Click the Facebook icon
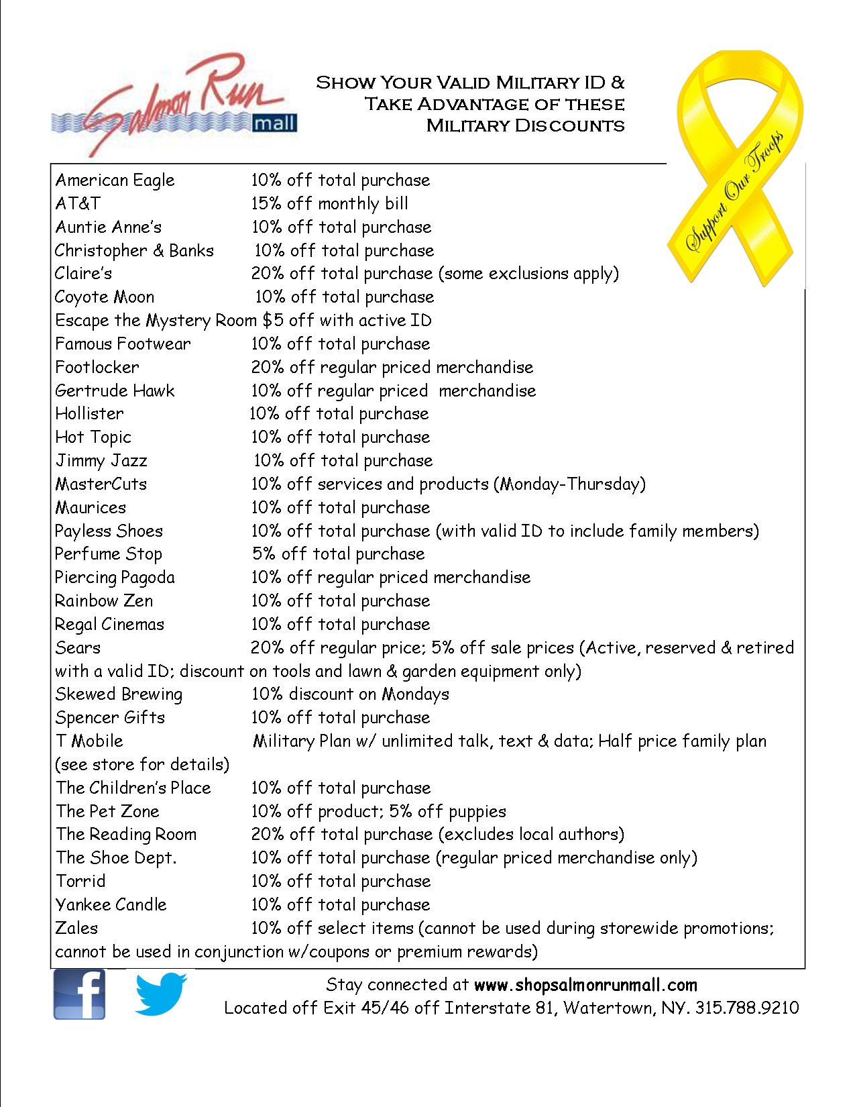[x=79, y=994]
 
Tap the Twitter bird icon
[x=161, y=993]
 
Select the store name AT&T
[x=78, y=203]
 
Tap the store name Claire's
[x=83, y=274]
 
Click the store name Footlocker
[x=97, y=367]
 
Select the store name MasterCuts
[x=101, y=484]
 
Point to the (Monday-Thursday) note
[x=569, y=484]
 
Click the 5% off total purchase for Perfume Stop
[x=338, y=554]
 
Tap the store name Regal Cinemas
[x=109, y=624]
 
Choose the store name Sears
[x=78, y=647]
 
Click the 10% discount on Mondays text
[x=350, y=694]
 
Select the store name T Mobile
[x=89, y=741]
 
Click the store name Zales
[x=76, y=928]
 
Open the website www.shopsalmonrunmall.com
[x=585, y=985]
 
